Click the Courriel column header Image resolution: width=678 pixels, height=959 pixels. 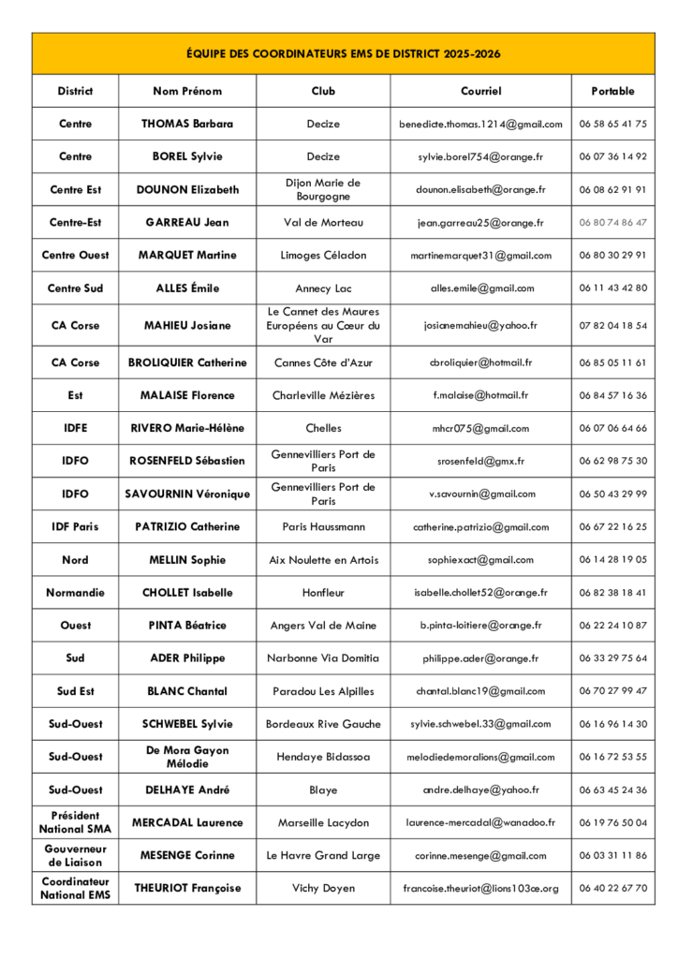pyautogui.click(x=480, y=91)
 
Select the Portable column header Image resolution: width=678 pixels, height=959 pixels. pyautogui.click(x=612, y=91)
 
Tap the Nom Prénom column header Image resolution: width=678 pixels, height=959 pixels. pyautogui.click(x=187, y=91)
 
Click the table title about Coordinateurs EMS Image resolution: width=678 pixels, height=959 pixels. pyautogui.click(x=343, y=53)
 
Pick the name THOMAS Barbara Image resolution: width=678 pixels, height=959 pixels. pyautogui.click(x=187, y=124)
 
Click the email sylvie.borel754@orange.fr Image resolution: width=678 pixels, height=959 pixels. pyautogui.click(x=480, y=156)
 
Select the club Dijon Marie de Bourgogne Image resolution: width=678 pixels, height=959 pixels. pyautogui.click(x=323, y=189)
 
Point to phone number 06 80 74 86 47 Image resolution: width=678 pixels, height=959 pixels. pyautogui.click(x=612, y=222)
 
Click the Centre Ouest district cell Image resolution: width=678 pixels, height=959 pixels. pyautogui.click(x=75, y=255)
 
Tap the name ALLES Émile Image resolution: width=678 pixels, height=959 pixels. pyautogui.click(x=187, y=288)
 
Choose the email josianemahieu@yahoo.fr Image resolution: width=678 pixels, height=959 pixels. pyautogui.click(x=480, y=325)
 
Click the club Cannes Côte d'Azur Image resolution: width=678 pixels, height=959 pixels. pyautogui.click(x=323, y=362)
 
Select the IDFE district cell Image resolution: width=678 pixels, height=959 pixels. pyautogui.click(x=75, y=428)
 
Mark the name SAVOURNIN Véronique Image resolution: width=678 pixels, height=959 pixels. pyautogui.click(x=187, y=494)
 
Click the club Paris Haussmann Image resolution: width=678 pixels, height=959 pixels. pyautogui.click(x=323, y=526)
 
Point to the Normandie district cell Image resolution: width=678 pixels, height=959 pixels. pyautogui.click(x=75, y=592)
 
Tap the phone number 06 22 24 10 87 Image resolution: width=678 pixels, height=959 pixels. pyautogui.click(x=612, y=625)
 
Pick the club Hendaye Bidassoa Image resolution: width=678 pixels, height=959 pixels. pyautogui.click(x=323, y=757)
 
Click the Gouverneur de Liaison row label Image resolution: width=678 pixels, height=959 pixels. pyautogui.click(x=75, y=855)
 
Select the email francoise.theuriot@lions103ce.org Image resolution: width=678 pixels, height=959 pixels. pyautogui.click(x=480, y=888)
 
